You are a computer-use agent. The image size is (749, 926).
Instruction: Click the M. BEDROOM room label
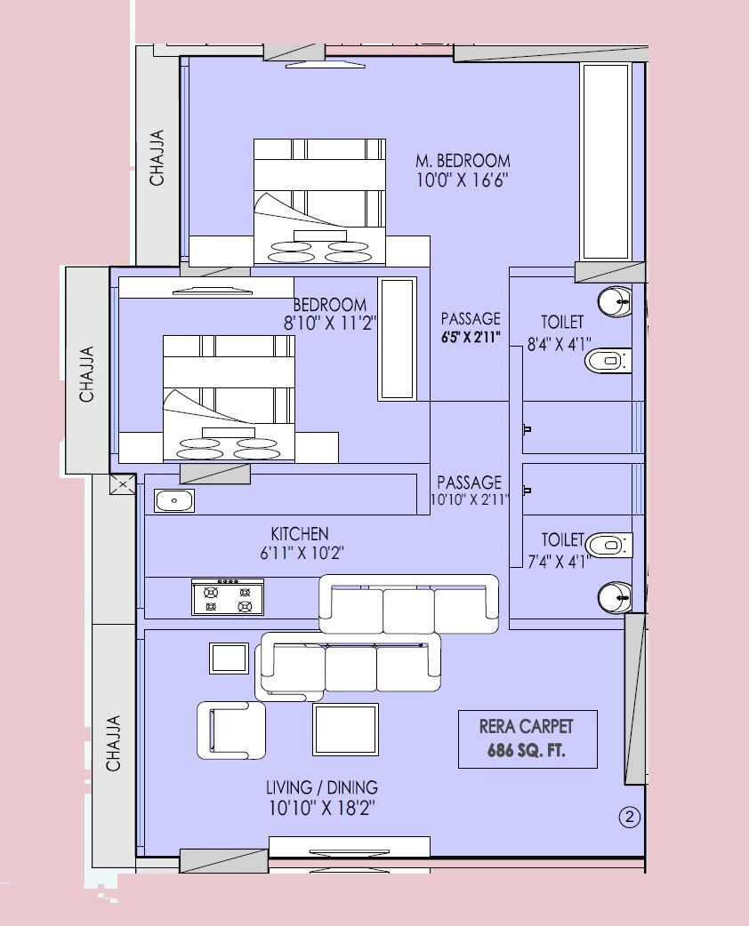[463, 161]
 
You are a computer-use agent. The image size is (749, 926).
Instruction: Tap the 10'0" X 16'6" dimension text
[463, 180]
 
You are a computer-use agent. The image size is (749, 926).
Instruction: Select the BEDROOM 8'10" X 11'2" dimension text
[330, 324]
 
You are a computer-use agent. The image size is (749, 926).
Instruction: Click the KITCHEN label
[300, 533]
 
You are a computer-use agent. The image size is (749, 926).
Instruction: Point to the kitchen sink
[174, 501]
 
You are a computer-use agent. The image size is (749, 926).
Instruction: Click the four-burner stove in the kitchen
[228, 596]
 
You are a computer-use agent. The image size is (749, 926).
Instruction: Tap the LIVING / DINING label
[321, 787]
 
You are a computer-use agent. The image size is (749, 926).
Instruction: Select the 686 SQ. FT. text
[527, 751]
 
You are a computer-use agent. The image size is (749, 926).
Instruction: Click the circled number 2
[629, 818]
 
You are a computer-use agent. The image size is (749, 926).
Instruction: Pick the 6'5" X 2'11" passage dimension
[471, 338]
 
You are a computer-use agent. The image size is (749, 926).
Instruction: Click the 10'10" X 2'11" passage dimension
[469, 501]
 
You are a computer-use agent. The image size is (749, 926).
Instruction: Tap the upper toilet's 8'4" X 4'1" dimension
[560, 341]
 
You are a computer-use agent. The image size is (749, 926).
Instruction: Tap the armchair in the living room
[230, 730]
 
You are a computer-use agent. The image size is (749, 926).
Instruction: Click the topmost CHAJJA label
[157, 157]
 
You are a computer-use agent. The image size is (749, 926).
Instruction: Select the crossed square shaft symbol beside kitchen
[121, 484]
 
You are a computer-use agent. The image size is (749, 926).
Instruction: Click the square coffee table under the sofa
[345, 729]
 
